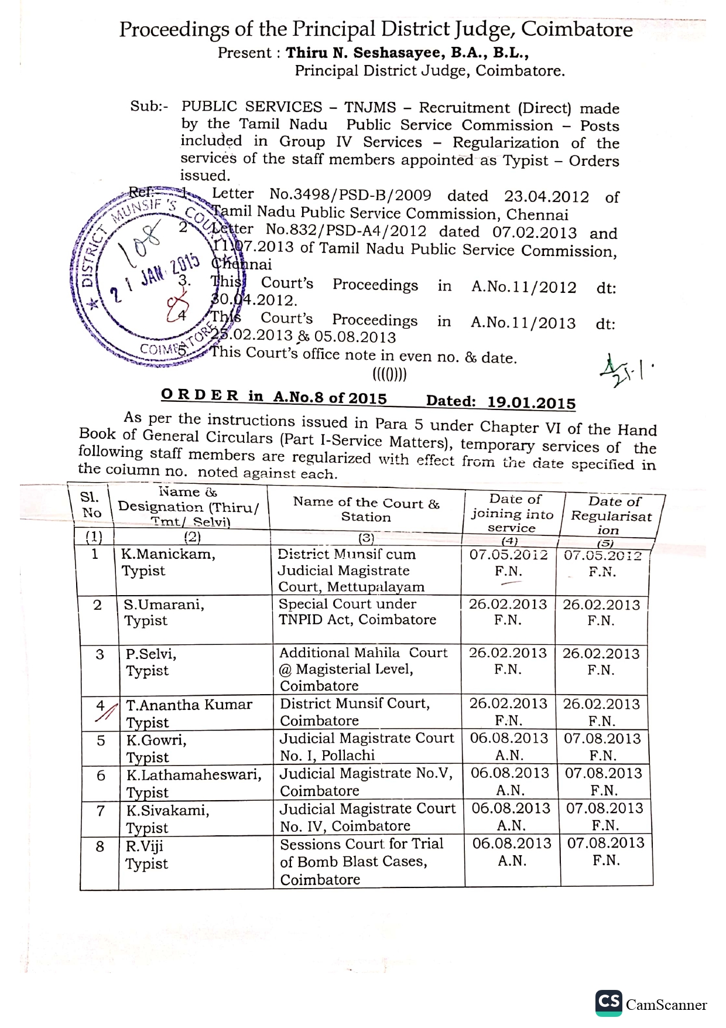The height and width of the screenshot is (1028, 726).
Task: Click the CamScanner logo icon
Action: tap(608, 1002)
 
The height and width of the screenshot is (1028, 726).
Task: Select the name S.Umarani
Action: tap(164, 604)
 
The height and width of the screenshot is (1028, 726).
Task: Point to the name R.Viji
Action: tap(145, 846)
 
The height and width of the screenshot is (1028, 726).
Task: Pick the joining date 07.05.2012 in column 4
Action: tap(508, 555)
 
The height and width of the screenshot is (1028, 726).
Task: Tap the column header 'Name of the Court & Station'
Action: tap(366, 510)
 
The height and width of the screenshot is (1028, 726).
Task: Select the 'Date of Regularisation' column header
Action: tap(612, 515)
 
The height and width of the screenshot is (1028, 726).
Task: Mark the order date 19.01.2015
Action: tap(531, 402)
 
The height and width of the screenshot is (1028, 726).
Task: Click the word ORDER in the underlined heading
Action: tap(200, 395)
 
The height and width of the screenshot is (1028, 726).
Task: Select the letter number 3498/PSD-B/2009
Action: tap(350, 194)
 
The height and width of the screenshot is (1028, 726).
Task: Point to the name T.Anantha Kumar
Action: tap(189, 705)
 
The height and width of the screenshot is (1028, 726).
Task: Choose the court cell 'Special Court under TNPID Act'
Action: tap(357, 612)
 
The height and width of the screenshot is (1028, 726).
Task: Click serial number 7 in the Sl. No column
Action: tap(101, 811)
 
